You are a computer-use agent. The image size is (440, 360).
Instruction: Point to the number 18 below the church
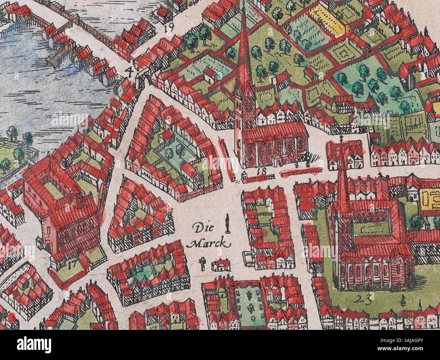click(261, 172)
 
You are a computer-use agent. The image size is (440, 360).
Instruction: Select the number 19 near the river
click(168, 28)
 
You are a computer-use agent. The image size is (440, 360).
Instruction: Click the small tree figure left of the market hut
click(203, 264)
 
